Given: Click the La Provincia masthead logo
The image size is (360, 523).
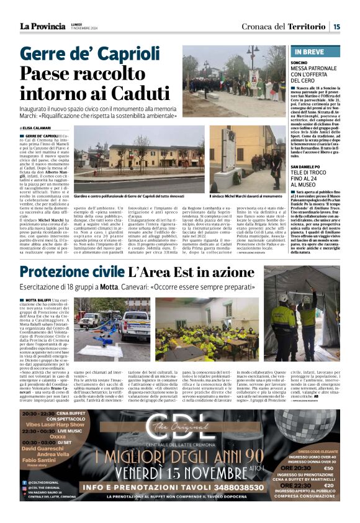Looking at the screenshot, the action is tap(43, 25).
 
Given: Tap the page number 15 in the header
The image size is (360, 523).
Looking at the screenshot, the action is tap(336, 26).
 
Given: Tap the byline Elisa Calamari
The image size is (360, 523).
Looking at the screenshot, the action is tap(38, 128).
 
